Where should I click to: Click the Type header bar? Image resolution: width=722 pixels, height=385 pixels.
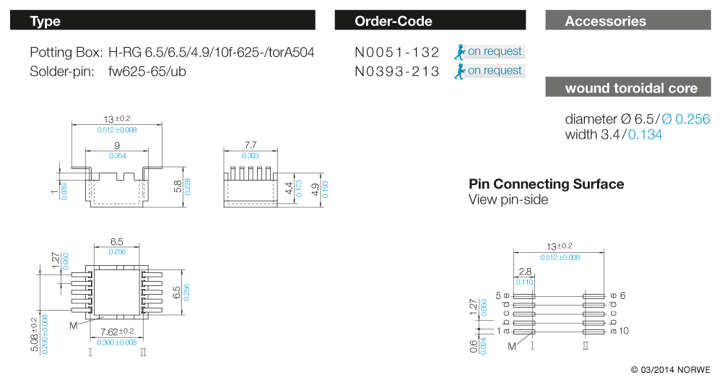coord(162,20)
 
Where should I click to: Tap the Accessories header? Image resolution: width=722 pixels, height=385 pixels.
coord(628,20)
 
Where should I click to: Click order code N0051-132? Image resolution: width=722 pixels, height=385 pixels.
coord(397,52)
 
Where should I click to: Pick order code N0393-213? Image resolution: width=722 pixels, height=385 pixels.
coord(397,72)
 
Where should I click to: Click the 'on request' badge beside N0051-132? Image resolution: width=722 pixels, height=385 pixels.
coord(490,51)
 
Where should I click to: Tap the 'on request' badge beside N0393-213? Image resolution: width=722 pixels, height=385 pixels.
coord(490,71)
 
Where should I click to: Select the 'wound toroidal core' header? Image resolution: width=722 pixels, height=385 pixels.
coord(628,87)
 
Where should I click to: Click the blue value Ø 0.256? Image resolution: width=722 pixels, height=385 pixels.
coord(686,118)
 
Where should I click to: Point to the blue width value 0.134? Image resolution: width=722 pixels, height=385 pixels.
coord(645,134)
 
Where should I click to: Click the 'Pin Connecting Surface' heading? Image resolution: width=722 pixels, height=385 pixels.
coord(546,183)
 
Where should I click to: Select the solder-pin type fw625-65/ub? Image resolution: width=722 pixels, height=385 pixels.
coord(147,72)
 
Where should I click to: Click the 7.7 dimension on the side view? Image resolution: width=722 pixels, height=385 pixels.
coord(251,145)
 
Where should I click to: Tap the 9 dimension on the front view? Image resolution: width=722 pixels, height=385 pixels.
coord(117,145)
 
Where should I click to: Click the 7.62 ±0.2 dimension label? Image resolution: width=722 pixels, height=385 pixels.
coord(117,332)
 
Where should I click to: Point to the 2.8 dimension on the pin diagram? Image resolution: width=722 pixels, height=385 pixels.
coord(525,272)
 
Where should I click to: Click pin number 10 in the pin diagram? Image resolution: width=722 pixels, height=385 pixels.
coord(624,331)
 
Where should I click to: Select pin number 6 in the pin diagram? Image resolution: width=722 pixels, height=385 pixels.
coord(622,295)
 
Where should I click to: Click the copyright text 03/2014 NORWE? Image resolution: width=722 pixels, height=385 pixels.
coord(671,369)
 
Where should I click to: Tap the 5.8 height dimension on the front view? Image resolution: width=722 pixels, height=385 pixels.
coord(178,186)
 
